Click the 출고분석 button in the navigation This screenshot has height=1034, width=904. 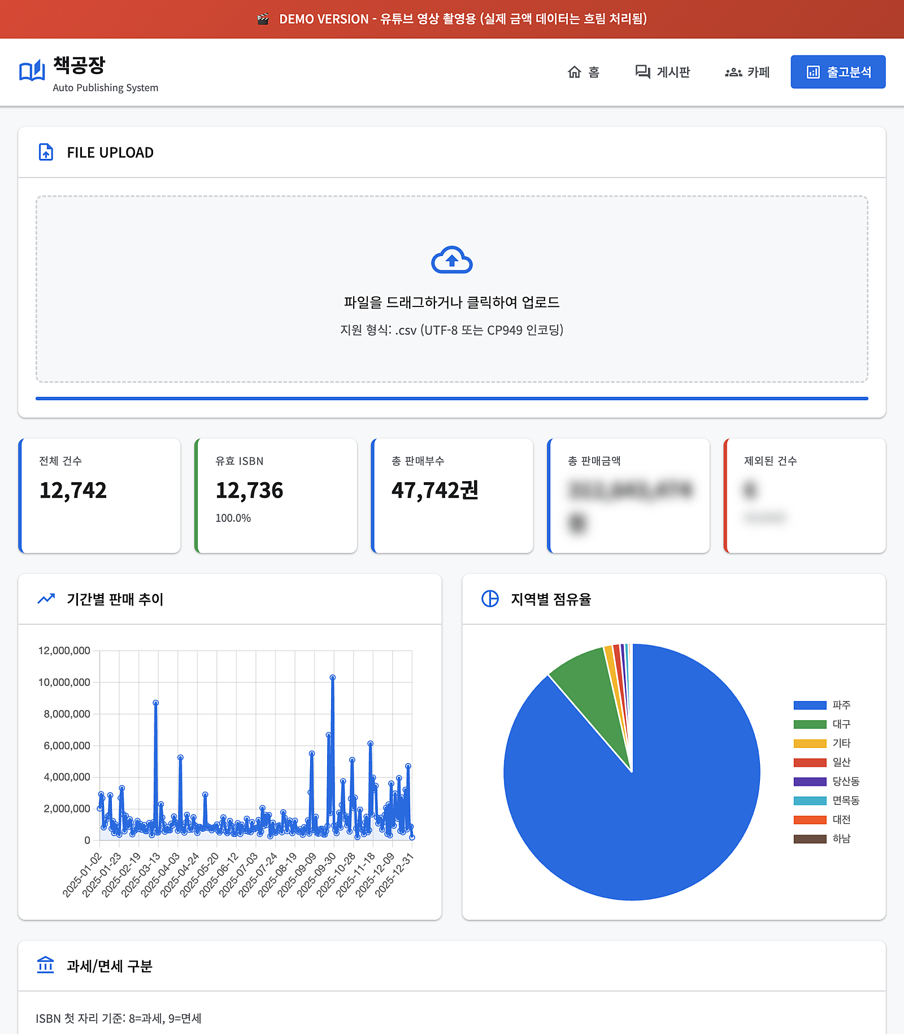(x=838, y=72)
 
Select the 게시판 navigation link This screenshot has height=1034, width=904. (x=663, y=72)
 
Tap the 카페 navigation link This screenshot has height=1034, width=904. (x=747, y=72)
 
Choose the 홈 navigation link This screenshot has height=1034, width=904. (x=584, y=72)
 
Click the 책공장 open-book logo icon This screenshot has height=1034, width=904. (x=32, y=71)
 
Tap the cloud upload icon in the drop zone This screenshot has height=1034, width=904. (x=451, y=260)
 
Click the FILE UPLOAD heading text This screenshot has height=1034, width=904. (x=110, y=153)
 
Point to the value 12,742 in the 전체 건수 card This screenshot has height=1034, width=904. (x=73, y=490)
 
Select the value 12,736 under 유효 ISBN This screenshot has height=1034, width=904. (x=249, y=490)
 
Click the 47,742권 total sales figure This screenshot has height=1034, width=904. (x=434, y=490)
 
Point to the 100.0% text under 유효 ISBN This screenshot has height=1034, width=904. (x=233, y=518)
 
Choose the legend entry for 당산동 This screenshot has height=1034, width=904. (x=826, y=781)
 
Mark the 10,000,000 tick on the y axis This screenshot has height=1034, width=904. (x=64, y=682)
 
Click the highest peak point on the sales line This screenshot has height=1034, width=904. (x=333, y=677)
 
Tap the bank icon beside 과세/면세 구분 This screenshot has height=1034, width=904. (x=45, y=965)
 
